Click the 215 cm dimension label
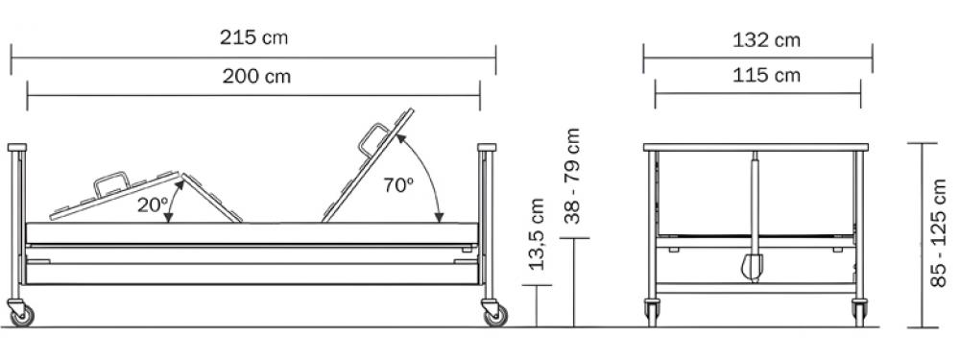[253, 38]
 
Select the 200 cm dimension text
[256, 77]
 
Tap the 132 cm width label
[766, 40]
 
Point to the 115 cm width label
[766, 75]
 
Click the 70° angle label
[398, 185]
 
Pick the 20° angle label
[152, 205]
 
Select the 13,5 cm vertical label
[537, 234]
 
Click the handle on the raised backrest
[373, 139]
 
